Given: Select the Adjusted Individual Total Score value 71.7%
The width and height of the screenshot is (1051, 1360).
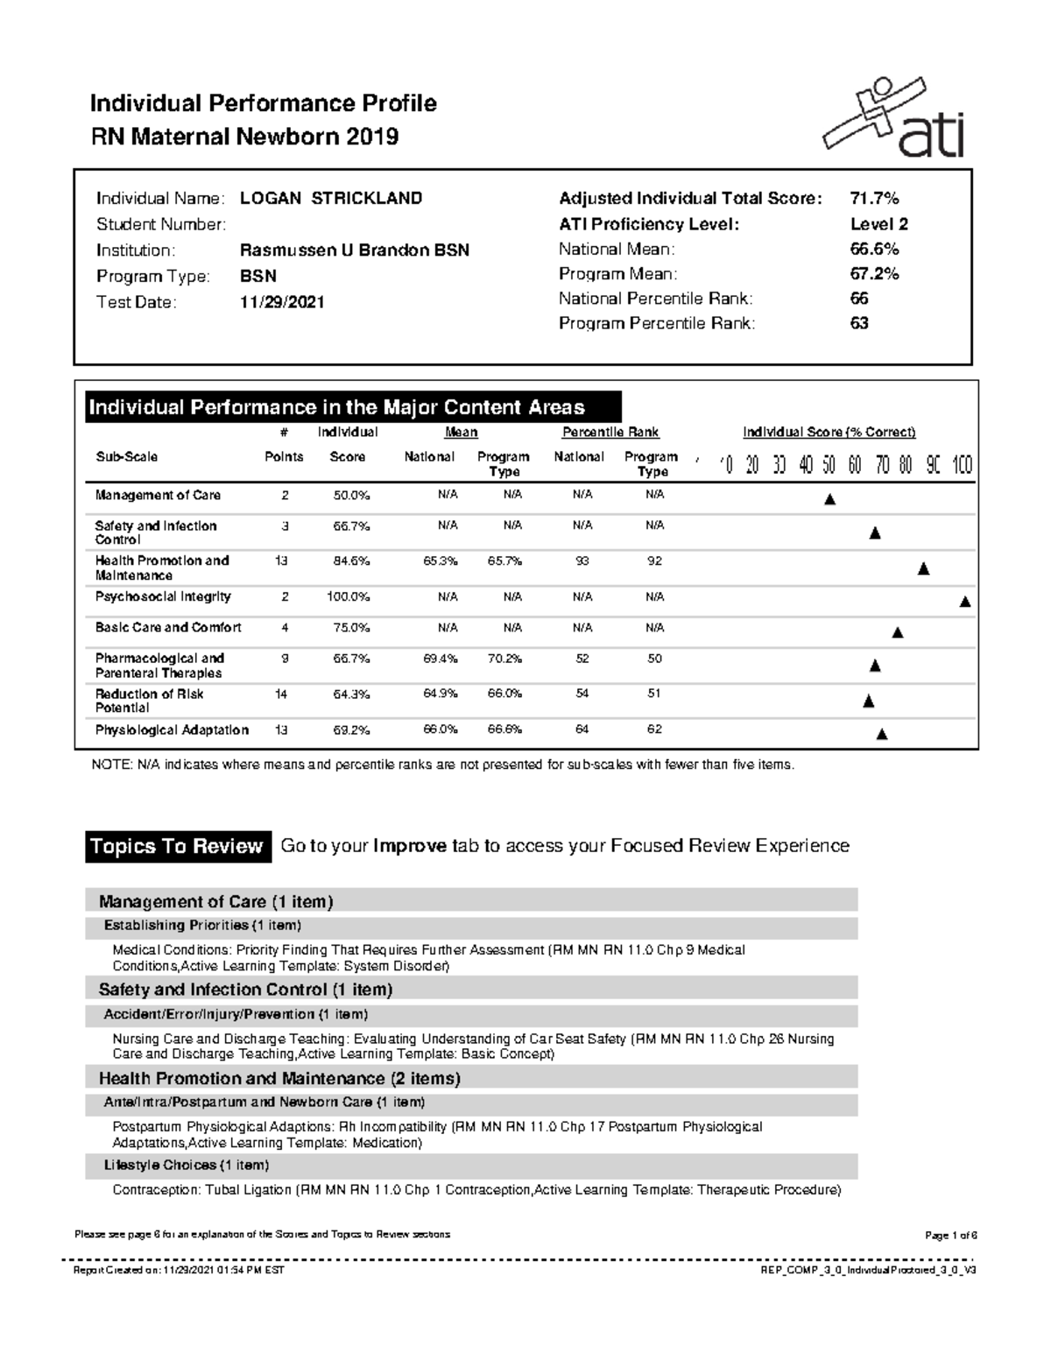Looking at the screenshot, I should point(874,199).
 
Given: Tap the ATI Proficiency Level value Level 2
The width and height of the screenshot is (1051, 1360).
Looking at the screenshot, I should point(878,224).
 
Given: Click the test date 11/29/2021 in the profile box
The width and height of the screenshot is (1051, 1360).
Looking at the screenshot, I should point(282,302).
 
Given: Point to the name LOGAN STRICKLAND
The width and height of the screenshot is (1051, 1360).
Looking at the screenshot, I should point(331,199).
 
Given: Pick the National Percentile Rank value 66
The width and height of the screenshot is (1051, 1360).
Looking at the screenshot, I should point(859,299).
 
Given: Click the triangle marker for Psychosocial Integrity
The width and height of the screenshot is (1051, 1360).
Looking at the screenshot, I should point(965,602).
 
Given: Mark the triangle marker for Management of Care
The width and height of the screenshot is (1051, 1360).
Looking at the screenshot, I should point(830,500).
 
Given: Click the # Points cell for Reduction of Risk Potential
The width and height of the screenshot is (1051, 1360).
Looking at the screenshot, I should point(281,694).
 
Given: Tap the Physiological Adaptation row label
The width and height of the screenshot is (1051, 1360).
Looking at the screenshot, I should point(172,729).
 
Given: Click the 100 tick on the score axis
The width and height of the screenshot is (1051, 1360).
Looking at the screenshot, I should point(962,465).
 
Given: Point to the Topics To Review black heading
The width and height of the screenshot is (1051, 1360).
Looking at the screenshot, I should point(177,847).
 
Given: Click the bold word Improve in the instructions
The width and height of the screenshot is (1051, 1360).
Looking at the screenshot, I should point(409,846).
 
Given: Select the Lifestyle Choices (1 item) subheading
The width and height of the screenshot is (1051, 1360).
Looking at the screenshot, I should point(186,1166).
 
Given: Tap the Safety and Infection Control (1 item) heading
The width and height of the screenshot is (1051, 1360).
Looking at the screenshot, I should point(245,990).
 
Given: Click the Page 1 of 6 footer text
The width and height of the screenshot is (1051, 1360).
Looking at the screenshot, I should point(950,1235).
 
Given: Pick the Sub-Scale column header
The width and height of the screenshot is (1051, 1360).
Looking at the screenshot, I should point(126,457).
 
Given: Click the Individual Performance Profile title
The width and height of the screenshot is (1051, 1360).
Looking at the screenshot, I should point(263,104).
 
